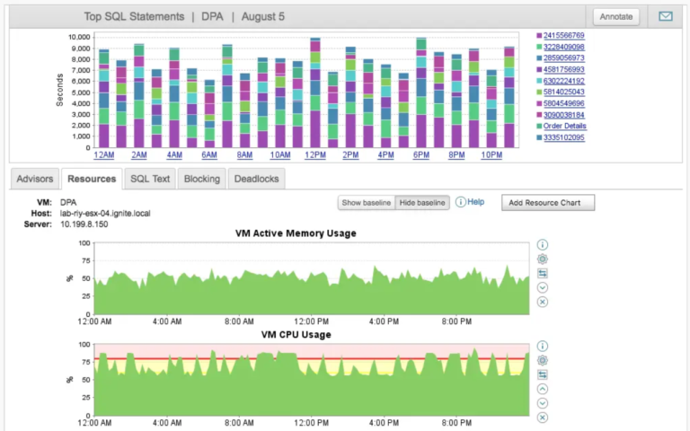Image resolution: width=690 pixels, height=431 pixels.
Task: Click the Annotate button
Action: [x=616, y=16]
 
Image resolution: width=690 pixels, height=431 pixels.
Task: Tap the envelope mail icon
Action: [x=665, y=16]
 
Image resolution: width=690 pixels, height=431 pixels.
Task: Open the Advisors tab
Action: [x=35, y=179]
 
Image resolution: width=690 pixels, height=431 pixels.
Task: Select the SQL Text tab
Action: [x=150, y=179]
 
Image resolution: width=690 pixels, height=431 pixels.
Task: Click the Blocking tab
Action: [x=201, y=179]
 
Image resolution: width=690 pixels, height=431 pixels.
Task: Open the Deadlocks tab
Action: [x=256, y=179]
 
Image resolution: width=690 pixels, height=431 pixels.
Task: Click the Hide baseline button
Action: [x=422, y=203]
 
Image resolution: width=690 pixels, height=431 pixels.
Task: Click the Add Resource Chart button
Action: [x=547, y=203]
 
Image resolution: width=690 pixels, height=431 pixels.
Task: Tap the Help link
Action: [x=475, y=202]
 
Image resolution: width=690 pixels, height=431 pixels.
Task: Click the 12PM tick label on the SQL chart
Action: [x=315, y=155]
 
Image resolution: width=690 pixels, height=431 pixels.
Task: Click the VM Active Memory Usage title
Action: [x=296, y=233]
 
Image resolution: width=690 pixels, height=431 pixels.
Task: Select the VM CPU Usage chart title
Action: [x=296, y=335]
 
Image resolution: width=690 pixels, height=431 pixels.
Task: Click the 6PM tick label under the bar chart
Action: [x=420, y=155]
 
